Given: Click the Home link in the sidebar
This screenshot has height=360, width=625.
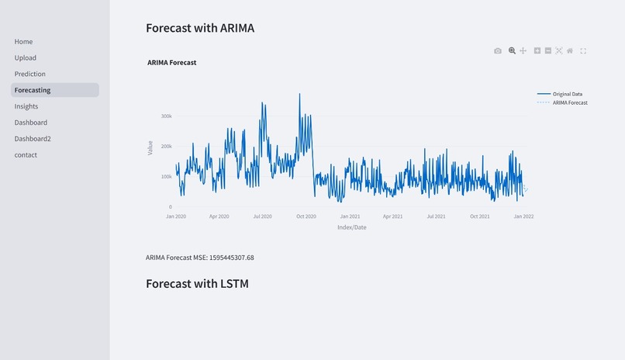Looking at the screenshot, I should (23, 42).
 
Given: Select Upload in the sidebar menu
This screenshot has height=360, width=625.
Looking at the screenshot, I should (25, 58).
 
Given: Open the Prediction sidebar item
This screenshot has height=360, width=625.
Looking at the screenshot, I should (29, 74).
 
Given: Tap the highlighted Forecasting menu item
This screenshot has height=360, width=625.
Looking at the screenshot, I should (33, 91).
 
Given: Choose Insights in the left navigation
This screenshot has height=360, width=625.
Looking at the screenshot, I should (26, 107).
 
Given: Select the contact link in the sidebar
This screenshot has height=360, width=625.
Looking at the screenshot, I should (26, 155).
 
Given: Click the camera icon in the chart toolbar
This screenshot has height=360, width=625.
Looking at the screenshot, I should (498, 51).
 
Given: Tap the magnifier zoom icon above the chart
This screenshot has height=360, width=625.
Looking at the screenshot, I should (512, 51).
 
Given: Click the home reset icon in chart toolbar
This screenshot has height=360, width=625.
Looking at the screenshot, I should (570, 51).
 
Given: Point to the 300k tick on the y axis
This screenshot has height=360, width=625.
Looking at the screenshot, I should (166, 116).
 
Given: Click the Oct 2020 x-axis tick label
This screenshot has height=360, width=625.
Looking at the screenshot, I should (306, 216).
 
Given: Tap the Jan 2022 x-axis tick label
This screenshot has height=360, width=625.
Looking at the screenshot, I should (523, 216).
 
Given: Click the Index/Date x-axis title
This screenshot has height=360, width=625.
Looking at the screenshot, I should (352, 227).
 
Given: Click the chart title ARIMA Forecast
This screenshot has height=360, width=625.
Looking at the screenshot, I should (171, 63).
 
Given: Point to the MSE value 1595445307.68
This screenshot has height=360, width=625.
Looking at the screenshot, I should (231, 258).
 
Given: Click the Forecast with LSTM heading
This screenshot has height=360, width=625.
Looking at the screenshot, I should (197, 284).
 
